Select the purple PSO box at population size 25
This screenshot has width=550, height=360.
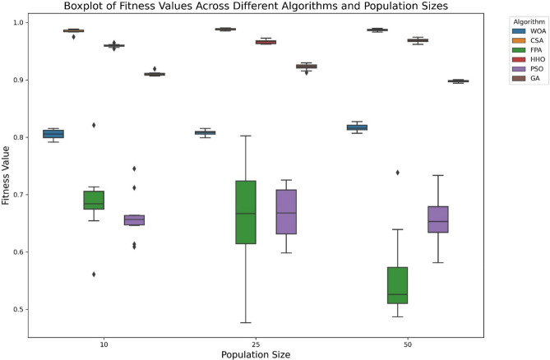[286, 212]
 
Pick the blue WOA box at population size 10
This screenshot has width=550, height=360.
[53, 134]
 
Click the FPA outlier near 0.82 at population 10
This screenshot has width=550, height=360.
[94, 125]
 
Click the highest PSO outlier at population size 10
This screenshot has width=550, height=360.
[134, 168]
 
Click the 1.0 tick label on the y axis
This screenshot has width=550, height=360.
[18, 22]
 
